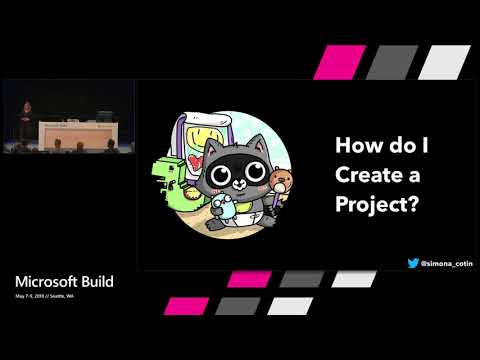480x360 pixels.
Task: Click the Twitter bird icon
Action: tap(413, 263)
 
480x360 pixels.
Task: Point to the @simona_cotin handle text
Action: tap(446, 263)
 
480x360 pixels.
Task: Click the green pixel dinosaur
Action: tap(170, 181)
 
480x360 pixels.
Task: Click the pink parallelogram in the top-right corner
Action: tap(336, 62)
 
